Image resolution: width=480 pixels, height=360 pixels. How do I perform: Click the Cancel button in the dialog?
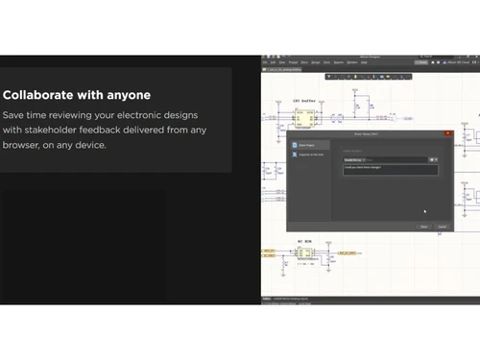[x=442, y=227]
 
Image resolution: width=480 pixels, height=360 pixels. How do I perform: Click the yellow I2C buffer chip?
[x=305, y=117]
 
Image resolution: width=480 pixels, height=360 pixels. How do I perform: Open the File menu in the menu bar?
[x=267, y=62]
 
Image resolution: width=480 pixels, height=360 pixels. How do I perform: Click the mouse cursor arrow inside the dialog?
[x=424, y=210]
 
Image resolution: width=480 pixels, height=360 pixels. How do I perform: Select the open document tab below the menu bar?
[x=284, y=70]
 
